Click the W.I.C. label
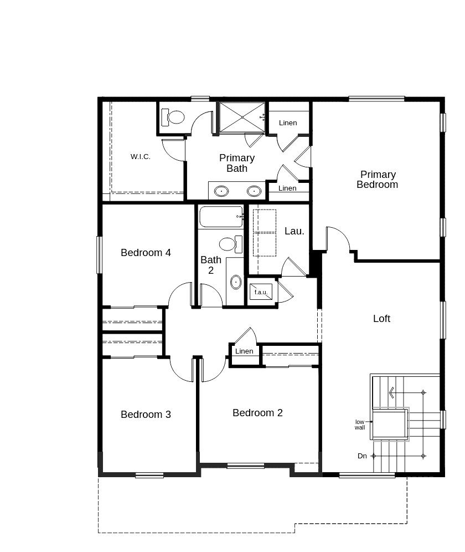141,157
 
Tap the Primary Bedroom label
377,180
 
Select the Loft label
381,319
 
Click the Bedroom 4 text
146,253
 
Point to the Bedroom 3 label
146,415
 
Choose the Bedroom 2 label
257,413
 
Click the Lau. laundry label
294,231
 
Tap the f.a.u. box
261,292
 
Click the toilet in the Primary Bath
173,117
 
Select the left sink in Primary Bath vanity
221,191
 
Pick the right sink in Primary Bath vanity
254,191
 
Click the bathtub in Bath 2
221,217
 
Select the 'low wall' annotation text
360,425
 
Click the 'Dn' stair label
362,456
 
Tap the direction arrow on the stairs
392,392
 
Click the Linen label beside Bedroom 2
244,351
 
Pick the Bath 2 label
211,265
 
